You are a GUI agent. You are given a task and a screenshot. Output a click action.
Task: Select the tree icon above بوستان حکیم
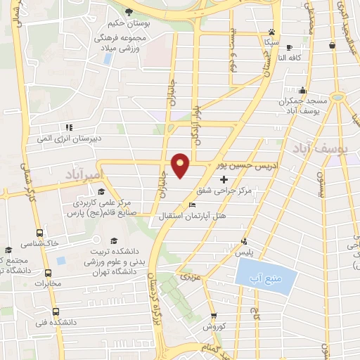pos(129,12)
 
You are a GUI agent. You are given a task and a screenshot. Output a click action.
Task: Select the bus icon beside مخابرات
pos(48,273)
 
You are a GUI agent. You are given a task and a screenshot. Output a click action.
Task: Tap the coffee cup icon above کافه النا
pos(289,46)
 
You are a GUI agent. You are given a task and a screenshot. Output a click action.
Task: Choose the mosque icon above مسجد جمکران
pos(303,90)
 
